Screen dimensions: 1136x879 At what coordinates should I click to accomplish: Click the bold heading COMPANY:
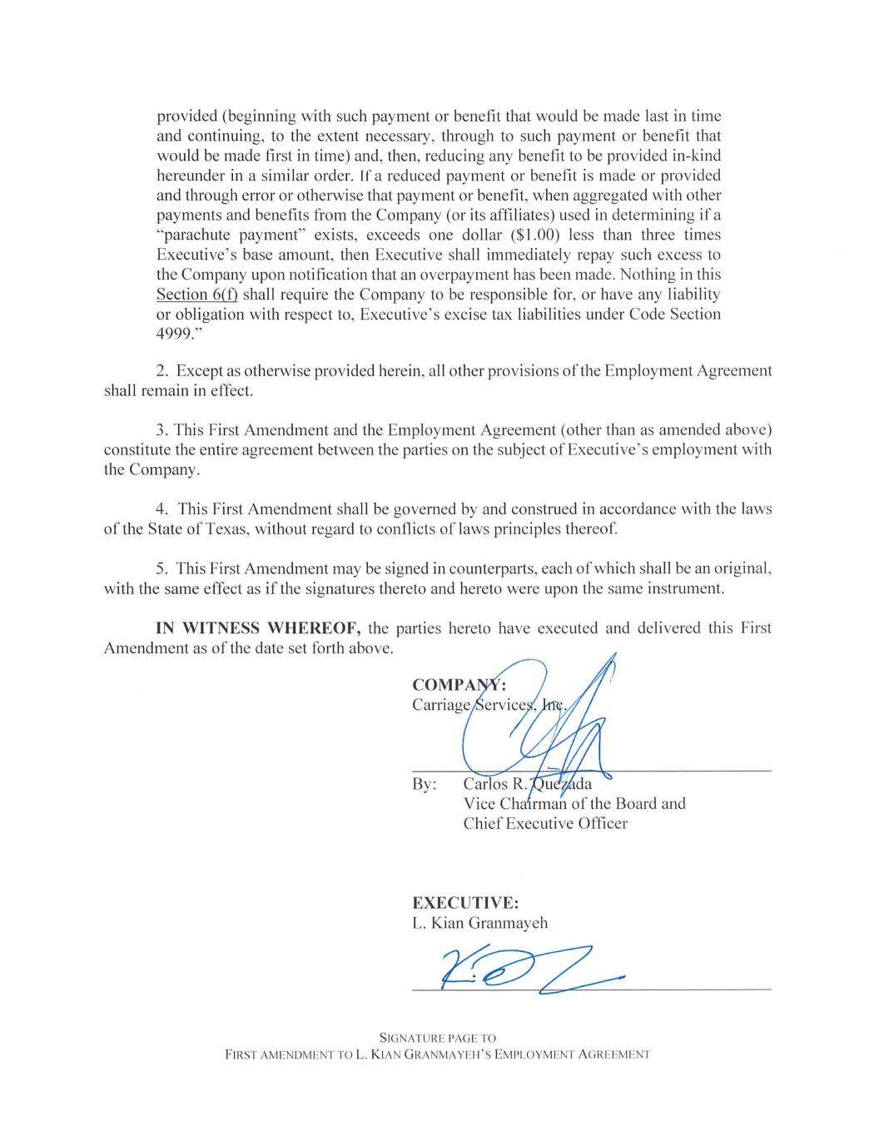pos(459,685)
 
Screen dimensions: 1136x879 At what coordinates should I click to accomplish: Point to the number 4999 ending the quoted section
pos(175,335)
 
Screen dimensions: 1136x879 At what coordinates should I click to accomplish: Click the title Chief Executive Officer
pos(545,824)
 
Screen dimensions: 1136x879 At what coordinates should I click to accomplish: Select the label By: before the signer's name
pos(424,784)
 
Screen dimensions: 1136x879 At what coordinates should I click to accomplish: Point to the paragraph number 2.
pos(162,370)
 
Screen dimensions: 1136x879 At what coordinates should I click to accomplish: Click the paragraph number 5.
pos(162,568)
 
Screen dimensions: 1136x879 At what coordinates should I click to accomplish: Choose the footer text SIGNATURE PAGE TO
pos(437,1038)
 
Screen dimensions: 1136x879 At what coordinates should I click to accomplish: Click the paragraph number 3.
pos(162,430)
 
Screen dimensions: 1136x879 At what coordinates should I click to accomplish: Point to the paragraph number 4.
pos(162,509)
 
